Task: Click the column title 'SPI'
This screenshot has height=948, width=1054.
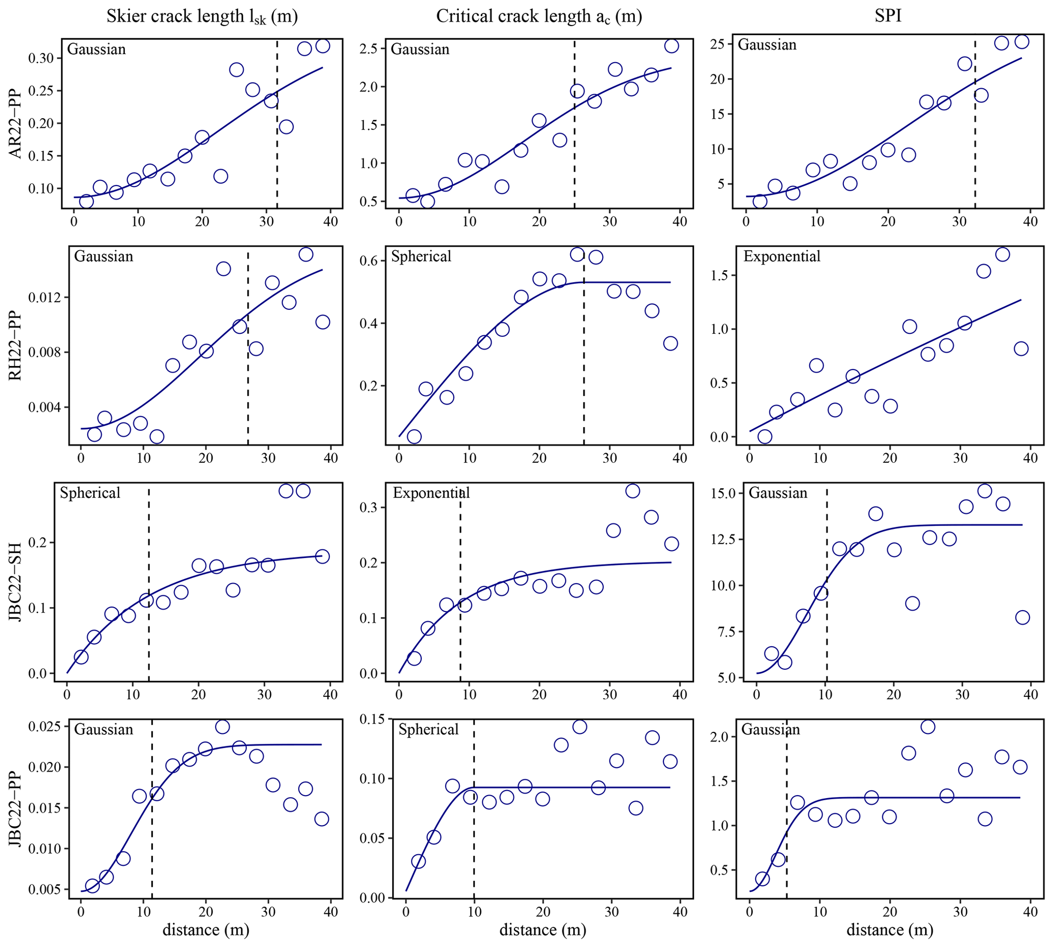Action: point(888,16)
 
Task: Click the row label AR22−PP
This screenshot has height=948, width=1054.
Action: point(16,123)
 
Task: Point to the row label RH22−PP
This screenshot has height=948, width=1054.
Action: point(16,346)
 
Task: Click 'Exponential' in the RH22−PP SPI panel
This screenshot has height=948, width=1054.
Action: point(782,256)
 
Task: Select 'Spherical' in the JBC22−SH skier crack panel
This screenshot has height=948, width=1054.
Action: point(90,493)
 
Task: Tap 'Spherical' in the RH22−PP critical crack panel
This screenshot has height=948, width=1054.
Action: point(421,256)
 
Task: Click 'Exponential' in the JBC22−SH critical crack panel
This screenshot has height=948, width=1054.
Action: point(431,493)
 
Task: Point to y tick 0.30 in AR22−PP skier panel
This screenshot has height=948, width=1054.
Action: point(41,58)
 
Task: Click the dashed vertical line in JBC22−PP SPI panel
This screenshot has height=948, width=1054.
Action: point(786,812)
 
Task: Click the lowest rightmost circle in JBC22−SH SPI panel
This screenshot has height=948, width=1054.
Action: point(1022,618)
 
